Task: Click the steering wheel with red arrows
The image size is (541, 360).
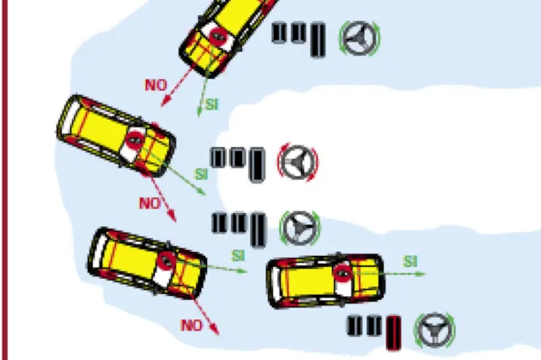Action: point(298,161)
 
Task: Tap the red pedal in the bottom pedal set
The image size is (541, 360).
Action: point(393,333)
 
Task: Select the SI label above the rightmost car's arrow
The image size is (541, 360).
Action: point(410,262)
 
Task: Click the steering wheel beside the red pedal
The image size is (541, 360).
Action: point(434,330)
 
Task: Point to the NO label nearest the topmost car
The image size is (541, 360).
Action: point(156,85)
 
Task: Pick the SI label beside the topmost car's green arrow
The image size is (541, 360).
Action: point(212,105)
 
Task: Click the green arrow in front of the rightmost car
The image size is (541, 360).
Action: point(390,274)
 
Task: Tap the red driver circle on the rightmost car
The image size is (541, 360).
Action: point(342,274)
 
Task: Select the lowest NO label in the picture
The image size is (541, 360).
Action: point(192,325)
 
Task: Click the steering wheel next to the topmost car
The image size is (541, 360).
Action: point(359,38)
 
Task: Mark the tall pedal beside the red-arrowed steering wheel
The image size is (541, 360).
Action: point(257,165)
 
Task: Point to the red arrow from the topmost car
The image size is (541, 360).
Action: point(178,86)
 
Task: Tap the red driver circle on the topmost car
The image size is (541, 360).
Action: point(217,35)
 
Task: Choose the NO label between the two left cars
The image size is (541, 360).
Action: point(150,204)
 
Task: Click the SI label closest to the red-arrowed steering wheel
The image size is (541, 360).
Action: point(201,174)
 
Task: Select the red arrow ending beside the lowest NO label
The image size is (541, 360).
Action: point(205,315)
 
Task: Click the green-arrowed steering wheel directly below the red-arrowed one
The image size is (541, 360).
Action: point(299,228)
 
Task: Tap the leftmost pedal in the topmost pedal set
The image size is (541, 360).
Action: point(279,33)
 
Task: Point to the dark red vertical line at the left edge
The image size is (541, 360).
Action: point(4,180)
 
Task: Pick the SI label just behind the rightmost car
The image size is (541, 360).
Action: point(238,256)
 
